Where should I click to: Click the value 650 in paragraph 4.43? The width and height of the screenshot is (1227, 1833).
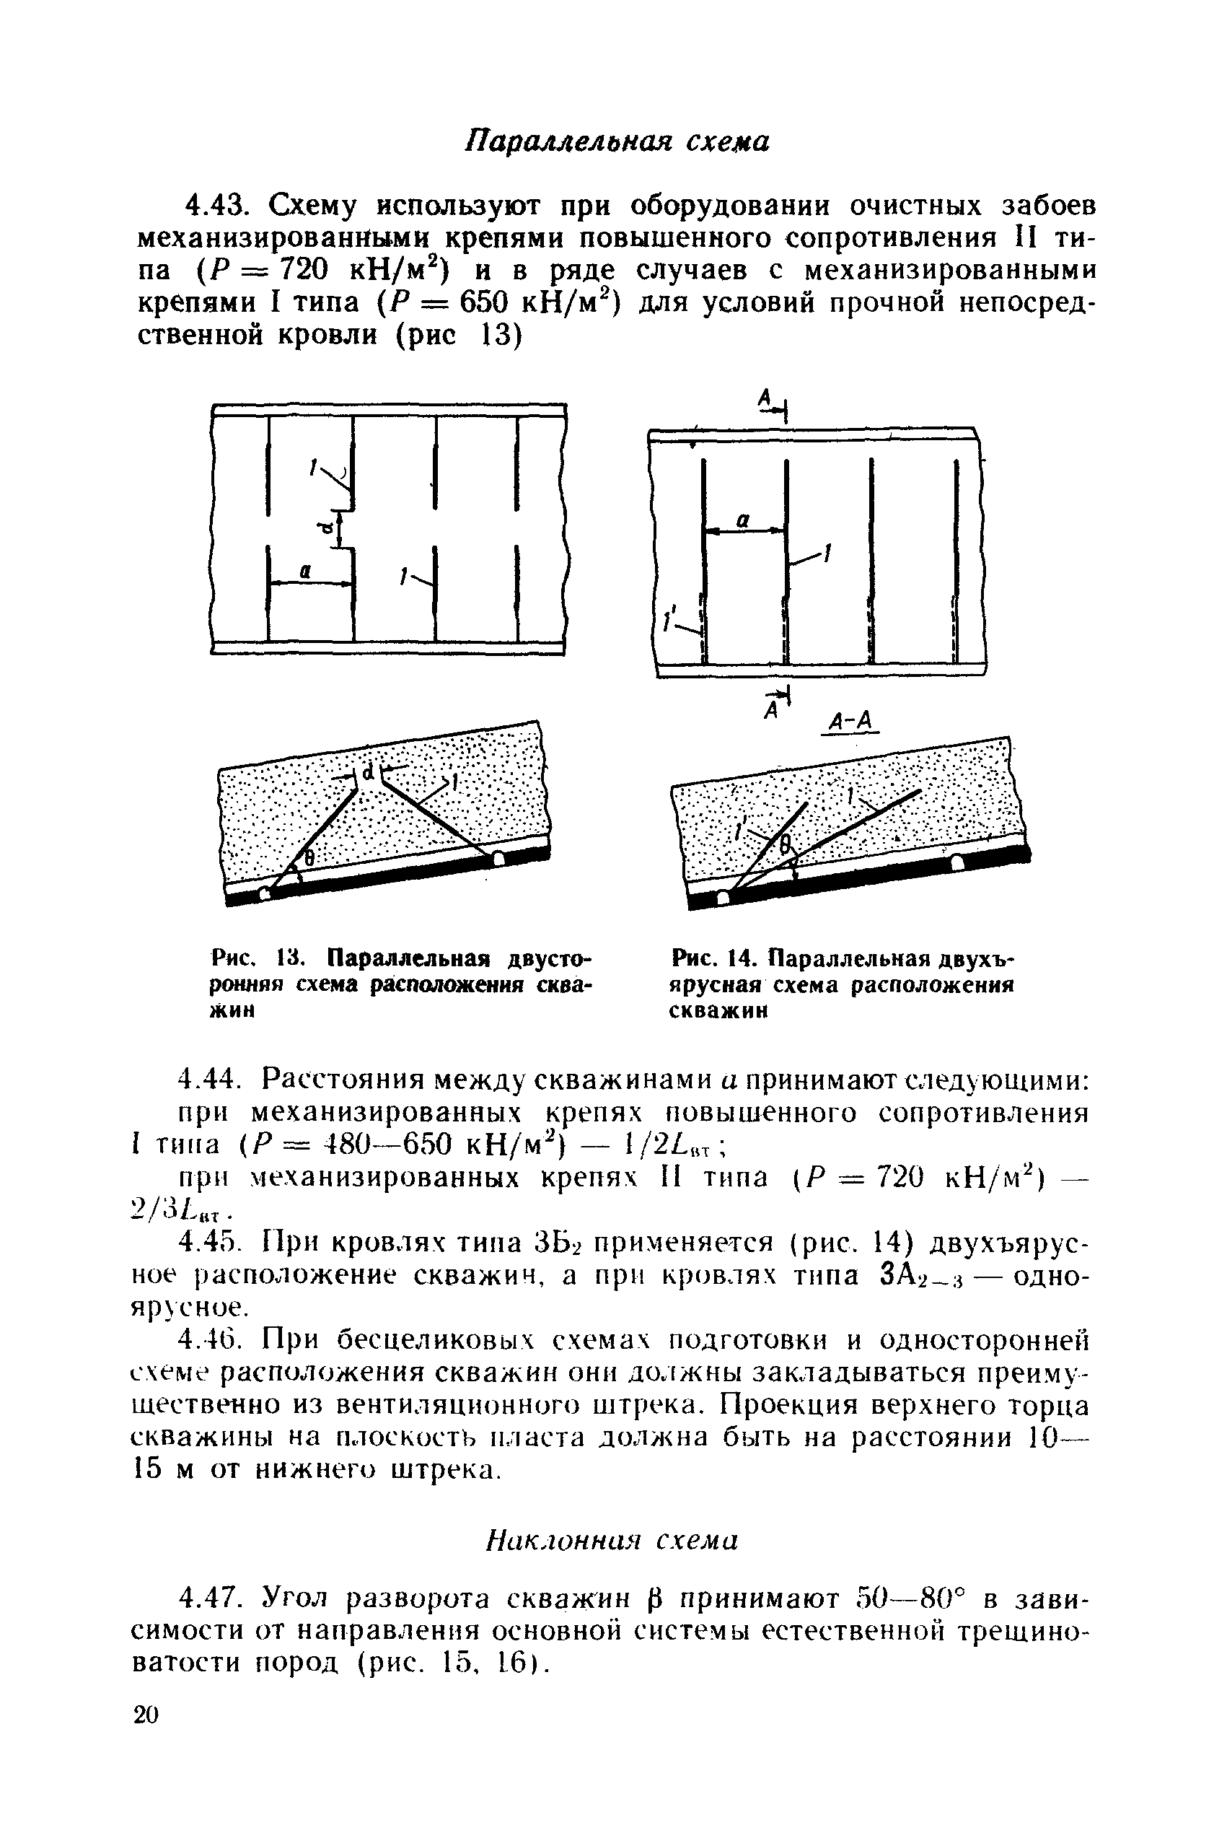tap(486, 302)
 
